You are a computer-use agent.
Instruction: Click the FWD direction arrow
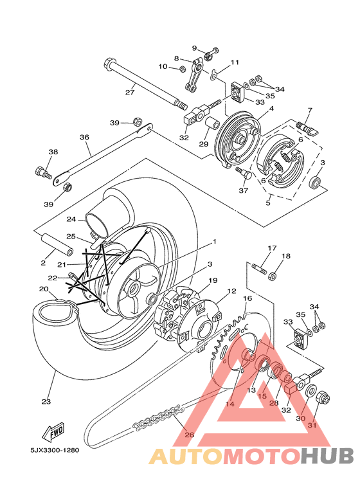pyautogui.click(x=53, y=432)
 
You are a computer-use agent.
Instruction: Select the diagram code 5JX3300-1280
pyautogui.click(x=55, y=450)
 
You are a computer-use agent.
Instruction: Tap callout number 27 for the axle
pyautogui.click(x=130, y=92)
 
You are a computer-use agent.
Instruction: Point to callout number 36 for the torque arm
pyautogui.click(x=84, y=137)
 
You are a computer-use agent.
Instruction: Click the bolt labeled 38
pyautogui.click(x=44, y=172)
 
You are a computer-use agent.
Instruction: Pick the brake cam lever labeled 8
pyautogui.click(x=194, y=75)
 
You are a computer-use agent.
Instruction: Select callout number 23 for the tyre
pyautogui.click(x=46, y=402)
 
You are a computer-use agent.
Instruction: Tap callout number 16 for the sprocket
pyautogui.click(x=248, y=298)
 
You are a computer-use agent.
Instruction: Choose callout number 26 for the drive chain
pyautogui.click(x=189, y=435)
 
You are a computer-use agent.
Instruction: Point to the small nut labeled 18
pyautogui.click(x=272, y=276)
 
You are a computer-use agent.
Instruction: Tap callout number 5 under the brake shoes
pyautogui.click(x=268, y=203)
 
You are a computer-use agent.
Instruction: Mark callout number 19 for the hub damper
pyautogui.click(x=213, y=280)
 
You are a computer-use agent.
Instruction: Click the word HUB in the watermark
pyautogui.click(x=327, y=456)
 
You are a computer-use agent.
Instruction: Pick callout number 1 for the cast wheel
pyautogui.click(x=215, y=242)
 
